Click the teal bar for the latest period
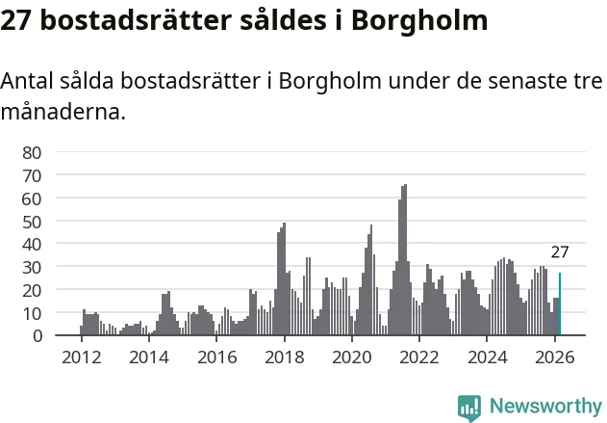[x=560, y=304]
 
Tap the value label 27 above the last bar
[x=560, y=253]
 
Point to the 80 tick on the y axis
[x=33, y=152]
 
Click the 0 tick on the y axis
[x=38, y=336]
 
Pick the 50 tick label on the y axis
[x=33, y=222]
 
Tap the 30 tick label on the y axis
[x=33, y=267]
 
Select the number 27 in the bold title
[x=16, y=20]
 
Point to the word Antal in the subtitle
[x=28, y=82]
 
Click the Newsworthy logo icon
[x=469, y=407]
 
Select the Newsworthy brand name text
[x=545, y=407]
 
